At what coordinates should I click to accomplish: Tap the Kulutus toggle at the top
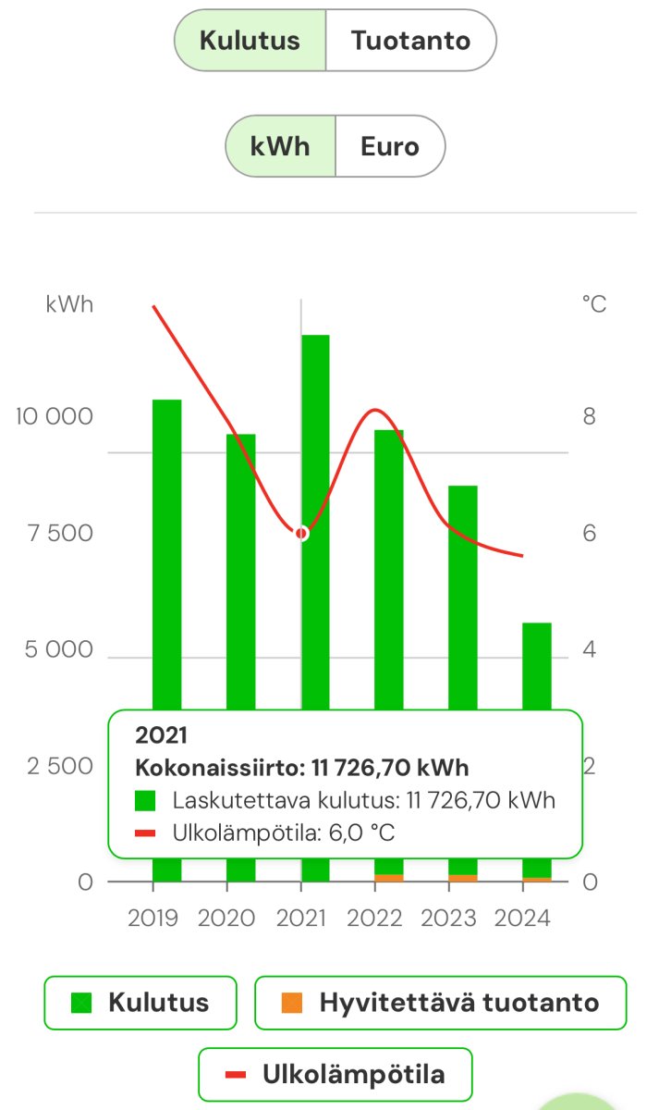(250, 41)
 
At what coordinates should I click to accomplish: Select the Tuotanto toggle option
(410, 41)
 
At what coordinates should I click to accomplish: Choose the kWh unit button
(280, 146)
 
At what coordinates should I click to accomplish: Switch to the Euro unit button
(389, 146)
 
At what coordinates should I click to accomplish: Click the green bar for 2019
(166, 555)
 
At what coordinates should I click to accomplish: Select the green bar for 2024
(536, 666)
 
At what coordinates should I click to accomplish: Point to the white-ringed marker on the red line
(301, 533)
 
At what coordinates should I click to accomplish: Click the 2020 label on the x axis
(226, 918)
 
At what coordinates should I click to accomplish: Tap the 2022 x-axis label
(375, 918)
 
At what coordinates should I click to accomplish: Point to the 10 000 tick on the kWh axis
(55, 416)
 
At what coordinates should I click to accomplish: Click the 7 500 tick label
(60, 533)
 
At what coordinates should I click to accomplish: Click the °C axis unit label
(594, 303)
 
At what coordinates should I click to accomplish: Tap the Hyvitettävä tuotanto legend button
(440, 1003)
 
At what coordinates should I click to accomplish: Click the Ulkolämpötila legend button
(335, 1075)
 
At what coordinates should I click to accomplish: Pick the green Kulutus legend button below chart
(140, 1003)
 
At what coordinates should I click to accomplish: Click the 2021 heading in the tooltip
(161, 735)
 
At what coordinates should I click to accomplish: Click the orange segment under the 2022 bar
(389, 878)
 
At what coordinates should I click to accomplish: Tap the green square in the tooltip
(147, 800)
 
